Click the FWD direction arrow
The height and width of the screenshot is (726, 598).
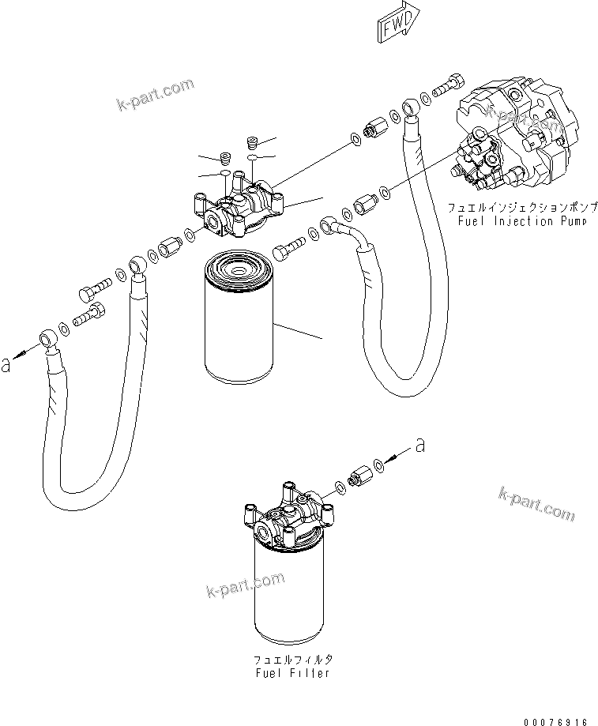coord(401,24)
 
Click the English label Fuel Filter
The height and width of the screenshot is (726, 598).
coord(292,672)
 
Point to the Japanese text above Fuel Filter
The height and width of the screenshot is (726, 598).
coord(292,659)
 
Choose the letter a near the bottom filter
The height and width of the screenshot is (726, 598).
coord(419,446)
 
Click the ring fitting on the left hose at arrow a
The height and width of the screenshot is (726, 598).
coord(50,340)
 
